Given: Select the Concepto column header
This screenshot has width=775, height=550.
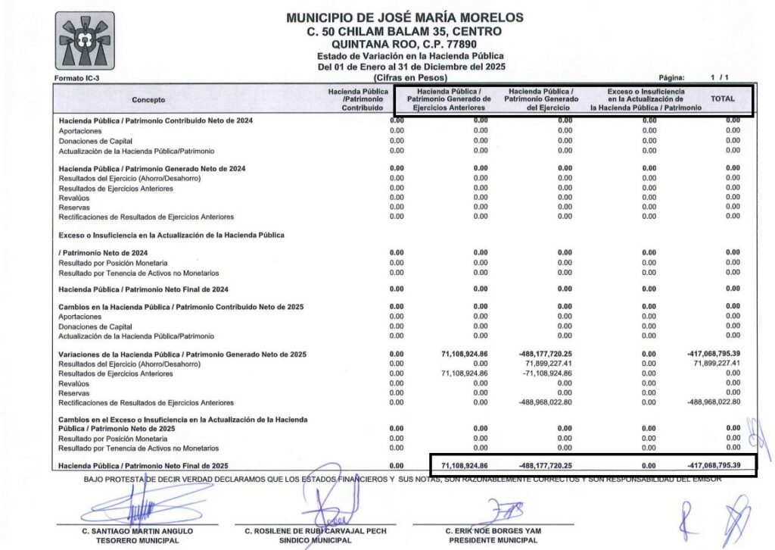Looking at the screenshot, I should pyautogui.click(x=148, y=100).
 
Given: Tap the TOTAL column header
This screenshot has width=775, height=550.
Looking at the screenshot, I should pyautogui.click(x=722, y=99).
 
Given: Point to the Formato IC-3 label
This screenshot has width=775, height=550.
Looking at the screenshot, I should pyautogui.click(x=76, y=78).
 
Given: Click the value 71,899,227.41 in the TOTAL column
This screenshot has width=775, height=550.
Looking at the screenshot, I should pyautogui.click(x=716, y=364).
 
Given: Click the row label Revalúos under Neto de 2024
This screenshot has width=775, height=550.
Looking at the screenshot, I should pyautogui.click(x=74, y=198).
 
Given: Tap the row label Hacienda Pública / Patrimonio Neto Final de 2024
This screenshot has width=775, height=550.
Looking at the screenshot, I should pyautogui.click(x=144, y=289).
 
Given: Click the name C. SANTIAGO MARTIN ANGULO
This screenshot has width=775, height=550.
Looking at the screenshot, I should pyautogui.click(x=138, y=531).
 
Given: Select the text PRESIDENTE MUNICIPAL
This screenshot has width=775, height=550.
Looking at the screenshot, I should pyautogui.click(x=493, y=541).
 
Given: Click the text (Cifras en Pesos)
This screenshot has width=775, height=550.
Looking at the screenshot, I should pyautogui.click(x=410, y=78).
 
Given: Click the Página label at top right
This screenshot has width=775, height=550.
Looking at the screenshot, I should pyautogui.click(x=671, y=78).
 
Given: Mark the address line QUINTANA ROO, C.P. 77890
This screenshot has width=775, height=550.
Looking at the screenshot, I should pyautogui.click(x=404, y=44).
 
